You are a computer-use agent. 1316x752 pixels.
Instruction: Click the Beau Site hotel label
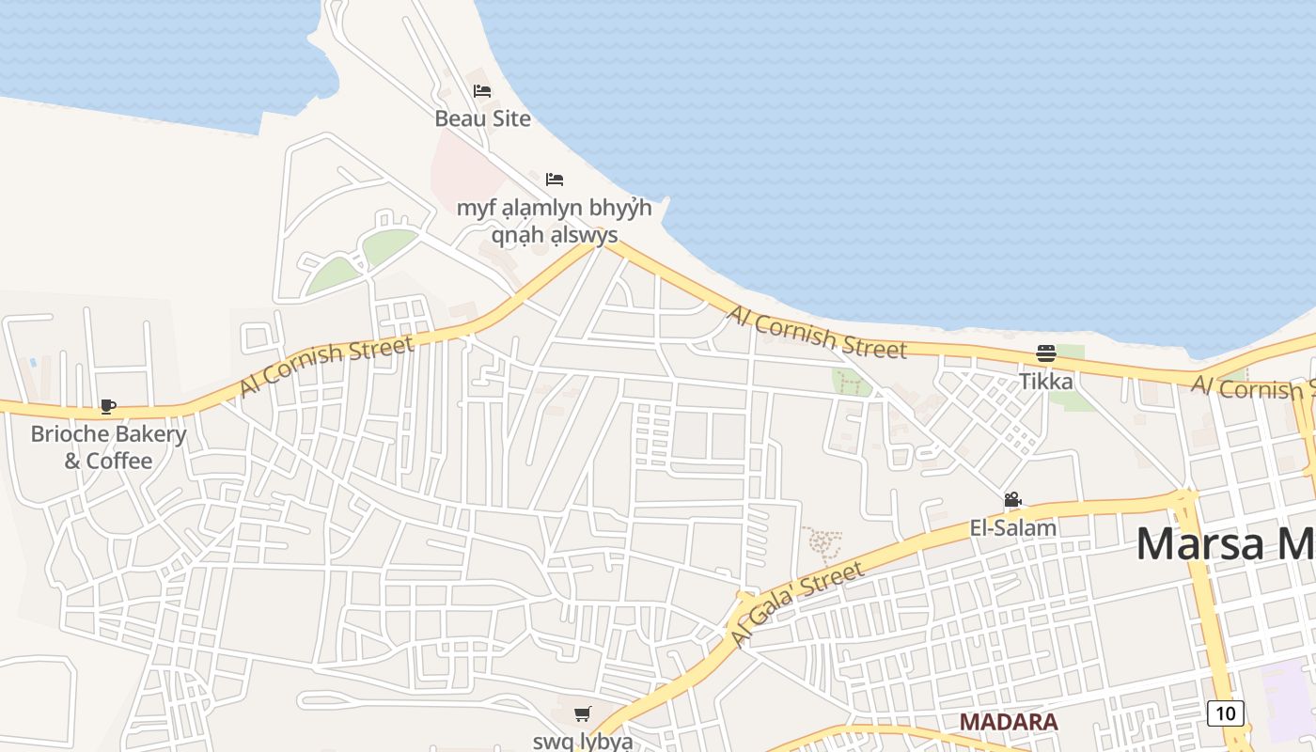482,118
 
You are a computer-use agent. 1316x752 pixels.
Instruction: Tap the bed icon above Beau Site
482,91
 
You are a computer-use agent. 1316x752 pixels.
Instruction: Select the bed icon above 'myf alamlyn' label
555,179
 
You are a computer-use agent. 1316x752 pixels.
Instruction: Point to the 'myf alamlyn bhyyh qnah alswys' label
555,220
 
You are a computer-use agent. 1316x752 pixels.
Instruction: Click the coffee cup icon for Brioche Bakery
108,407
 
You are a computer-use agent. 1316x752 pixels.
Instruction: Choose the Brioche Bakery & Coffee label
108,447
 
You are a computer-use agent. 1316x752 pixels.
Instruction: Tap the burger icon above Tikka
1046,353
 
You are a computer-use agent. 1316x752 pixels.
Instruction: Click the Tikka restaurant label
1046,382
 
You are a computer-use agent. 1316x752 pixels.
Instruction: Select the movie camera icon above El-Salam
1012,500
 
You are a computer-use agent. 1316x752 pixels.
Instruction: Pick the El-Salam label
1013,528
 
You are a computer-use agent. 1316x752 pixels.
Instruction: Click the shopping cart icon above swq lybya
583,714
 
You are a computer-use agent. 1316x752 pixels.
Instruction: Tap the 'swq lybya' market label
583,741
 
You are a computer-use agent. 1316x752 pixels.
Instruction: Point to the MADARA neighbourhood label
1009,722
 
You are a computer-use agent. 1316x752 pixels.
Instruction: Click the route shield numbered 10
1226,713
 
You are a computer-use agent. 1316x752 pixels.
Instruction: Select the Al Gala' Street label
797,604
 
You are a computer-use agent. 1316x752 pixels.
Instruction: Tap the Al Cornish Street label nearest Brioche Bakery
326,367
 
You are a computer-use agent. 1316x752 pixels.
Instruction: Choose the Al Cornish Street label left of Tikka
818,333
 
